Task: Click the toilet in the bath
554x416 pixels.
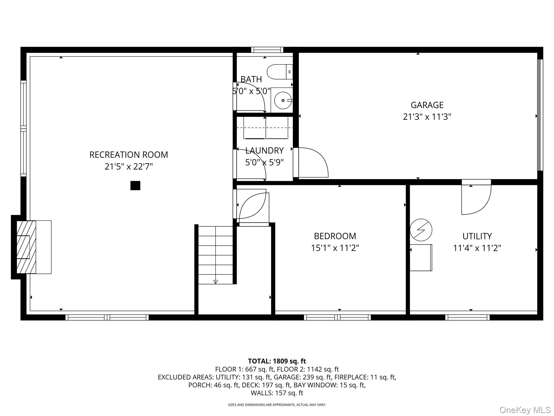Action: click(x=280, y=72)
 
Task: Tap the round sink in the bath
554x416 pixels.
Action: click(x=283, y=100)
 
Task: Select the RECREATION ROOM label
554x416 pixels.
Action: click(x=128, y=155)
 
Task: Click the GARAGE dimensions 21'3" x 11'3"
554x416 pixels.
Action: click(x=427, y=117)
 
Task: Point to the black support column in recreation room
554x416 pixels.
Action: click(x=135, y=186)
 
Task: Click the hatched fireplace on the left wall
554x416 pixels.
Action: click(x=26, y=247)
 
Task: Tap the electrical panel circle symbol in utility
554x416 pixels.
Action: click(x=421, y=230)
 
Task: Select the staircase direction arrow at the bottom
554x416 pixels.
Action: click(x=215, y=282)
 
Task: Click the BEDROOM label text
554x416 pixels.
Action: click(x=335, y=236)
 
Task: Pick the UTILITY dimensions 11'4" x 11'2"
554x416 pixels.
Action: click(x=477, y=248)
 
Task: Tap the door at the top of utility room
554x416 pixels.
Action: click(x=476, y=197)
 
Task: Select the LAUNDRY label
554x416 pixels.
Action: click(x=264, y=151)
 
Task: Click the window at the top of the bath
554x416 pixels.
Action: click(x=267, y=50)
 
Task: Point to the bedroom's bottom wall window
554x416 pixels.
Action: click(x=337, y=317)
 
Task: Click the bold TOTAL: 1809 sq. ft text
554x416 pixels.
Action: click(x=277, y=361)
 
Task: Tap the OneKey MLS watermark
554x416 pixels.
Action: click(x=525, y=410)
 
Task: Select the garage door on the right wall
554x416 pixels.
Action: click(x=540, y=115)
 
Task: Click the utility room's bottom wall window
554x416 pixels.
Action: click(x=467, y=317)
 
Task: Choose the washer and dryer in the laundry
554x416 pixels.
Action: click(x=266, y=128)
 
